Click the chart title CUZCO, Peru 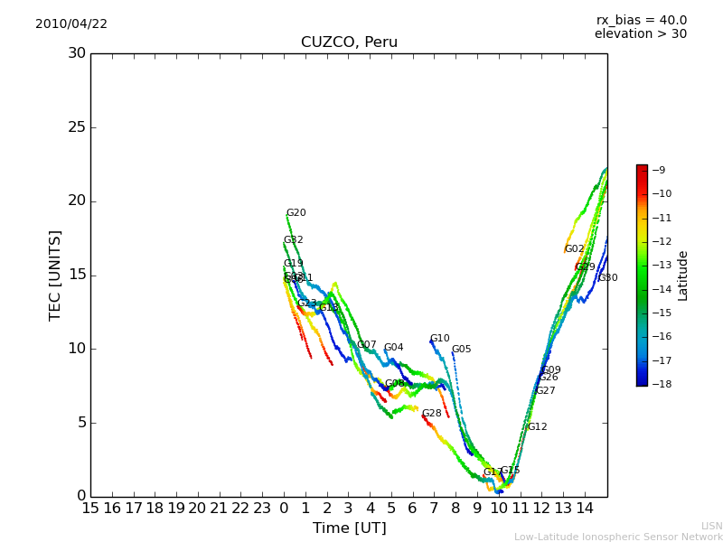pyautogui.click(x=349, y=42)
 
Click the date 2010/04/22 pyautogui.click(x=71, y=24)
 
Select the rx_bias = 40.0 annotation pyautogui.click(x=641, y=21)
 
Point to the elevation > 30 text pyautogui.click(x=640, y=34)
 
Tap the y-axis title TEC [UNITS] pyautogui.click(x=55, y=275)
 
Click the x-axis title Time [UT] pyautogui.click(x=349, y=528)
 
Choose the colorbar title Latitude pyautogui.click(x=683, y=276)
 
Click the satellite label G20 pyautogui.click(x=296, y=213)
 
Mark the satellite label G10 pyautogui.click(x=439, y=339)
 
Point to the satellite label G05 pyautogui.click(x=461, y=350)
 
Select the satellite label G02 pyautogui.click(x=574, y=249)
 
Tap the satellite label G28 pyautogui.click(x=432, y=414)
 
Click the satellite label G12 pyautogui.click(x=537, y=427)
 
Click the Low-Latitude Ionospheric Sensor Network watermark pyautogui.click(x=618, y=537)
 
